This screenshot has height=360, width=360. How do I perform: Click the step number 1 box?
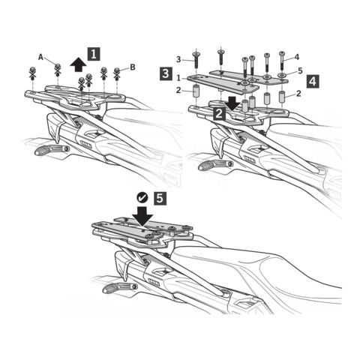[94, 54]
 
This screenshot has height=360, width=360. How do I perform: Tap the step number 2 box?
[219, 114]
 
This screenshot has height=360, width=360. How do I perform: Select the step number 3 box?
[166, 74]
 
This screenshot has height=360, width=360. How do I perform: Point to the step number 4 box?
[313, 82]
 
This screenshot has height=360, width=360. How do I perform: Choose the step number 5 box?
[160, 199]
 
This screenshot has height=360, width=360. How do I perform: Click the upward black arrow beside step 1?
[78, 64]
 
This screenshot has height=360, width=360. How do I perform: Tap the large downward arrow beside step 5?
[142, 216]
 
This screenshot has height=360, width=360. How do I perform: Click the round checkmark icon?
[142, 198]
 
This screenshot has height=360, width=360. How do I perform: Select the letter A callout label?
[40, 58]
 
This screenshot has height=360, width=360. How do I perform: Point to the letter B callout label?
[133, 67]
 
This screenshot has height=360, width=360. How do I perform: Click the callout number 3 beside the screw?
[178, 59]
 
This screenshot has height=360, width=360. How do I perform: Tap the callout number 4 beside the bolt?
[297, 57]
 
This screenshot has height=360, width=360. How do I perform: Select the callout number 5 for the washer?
[300, 70]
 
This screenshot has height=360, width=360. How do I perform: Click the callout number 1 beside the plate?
[178, 78]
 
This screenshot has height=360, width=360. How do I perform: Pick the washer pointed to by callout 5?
[283, 75]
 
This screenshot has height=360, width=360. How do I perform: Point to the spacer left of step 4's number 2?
[282, 97]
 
